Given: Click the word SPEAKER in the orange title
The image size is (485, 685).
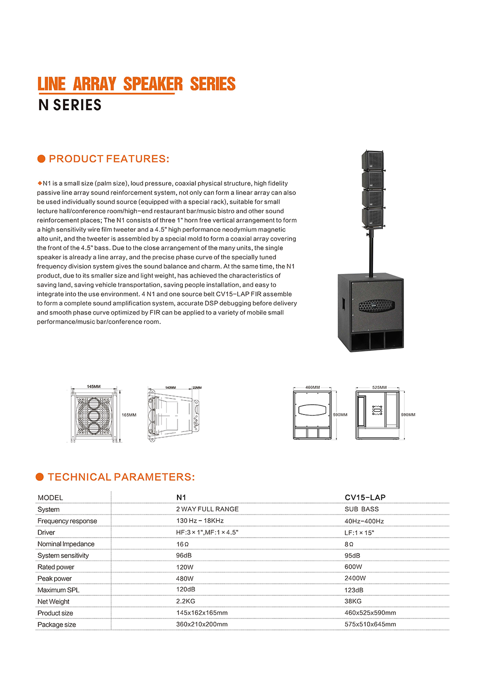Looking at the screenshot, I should tap(153, 84).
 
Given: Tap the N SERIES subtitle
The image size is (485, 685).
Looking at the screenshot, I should tap(70, 105).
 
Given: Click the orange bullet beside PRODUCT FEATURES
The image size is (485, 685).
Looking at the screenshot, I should tap(41, 159).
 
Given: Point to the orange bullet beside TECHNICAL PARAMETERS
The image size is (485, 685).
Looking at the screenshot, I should tap(40, 477).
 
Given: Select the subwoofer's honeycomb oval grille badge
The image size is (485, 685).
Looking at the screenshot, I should tap(376, 305).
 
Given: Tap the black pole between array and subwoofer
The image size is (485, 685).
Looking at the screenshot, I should tap(372, 252).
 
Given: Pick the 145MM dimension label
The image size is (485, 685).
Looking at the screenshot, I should tap(94, 386).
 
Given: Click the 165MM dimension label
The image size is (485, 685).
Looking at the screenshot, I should tap(129, 415).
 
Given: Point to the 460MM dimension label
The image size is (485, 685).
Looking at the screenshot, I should tap(312, 387).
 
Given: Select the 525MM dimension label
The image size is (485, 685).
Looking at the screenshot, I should tap(379, 387).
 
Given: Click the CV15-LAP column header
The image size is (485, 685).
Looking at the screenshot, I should tap(365, 497).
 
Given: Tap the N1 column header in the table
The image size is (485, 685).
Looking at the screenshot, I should tap(181, 497).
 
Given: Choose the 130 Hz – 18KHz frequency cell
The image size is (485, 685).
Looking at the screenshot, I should tap(200, 521).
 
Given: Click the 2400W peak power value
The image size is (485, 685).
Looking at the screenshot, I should tap(355, 578).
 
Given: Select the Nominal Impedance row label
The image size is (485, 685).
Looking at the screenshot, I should tap(66, 544).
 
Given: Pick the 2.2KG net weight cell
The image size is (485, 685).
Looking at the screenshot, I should tap(185, 601).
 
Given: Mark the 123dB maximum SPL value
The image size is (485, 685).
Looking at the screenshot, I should tap(354, 590).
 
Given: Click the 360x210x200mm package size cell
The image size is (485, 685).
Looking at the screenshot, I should tap(202, 624).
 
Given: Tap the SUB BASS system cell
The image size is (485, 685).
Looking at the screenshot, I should tap(361, 509).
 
